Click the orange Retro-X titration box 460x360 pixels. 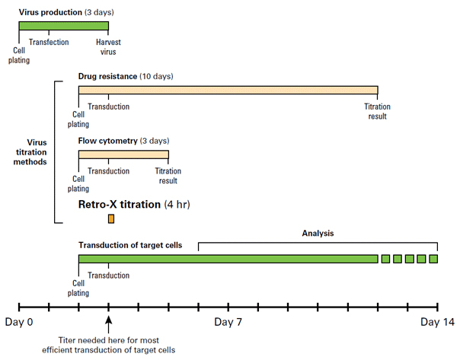coord(111,218)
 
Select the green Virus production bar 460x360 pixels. coord(64,26)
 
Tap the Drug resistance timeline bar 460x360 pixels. coord(228,90)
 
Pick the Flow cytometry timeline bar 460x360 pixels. coord(123,155)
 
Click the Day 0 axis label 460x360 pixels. coord(19,322)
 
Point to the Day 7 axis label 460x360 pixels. coord(228,322)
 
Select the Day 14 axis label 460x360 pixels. coord(437,322)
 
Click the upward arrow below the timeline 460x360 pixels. coord(109,324)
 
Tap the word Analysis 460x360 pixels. coord(318,234)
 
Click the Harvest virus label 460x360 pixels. coord(108,47)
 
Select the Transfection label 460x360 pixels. coord(49,42)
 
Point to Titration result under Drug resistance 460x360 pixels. coord(377,111)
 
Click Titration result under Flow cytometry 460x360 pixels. coord(168,176)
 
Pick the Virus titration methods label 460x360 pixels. coord(30,152)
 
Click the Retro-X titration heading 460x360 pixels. coord(134,204)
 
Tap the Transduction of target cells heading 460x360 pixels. coord(130,245)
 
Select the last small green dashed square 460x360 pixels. coord(433,259)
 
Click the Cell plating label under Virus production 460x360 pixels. coord(19,55)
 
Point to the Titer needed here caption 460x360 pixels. coord(109,345)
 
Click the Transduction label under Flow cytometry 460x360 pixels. coord(109,171)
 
